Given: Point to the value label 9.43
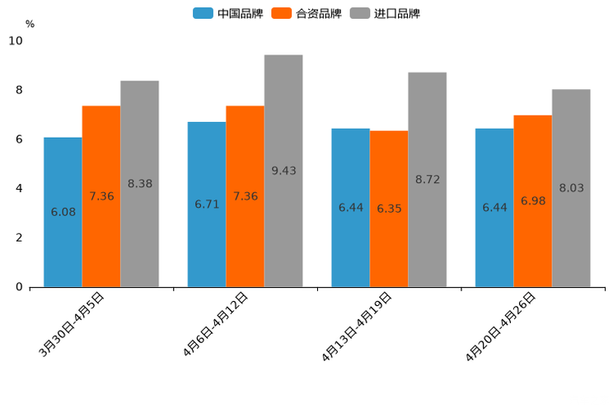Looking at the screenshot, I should (283, 171).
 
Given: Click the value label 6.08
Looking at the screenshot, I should (63, 212).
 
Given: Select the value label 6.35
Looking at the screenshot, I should (389, 209).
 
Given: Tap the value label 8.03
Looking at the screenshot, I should (571, 188).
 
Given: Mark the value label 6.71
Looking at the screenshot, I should (207, 204).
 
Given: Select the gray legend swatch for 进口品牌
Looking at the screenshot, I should (359, 13).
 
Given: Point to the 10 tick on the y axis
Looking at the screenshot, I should (16, 40).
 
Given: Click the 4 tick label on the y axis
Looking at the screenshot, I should (19, 188).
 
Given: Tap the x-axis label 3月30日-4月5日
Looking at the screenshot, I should (73, 325).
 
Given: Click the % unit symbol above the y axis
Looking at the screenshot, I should (30, 24).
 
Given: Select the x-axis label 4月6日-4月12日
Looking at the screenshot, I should (216, 325).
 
